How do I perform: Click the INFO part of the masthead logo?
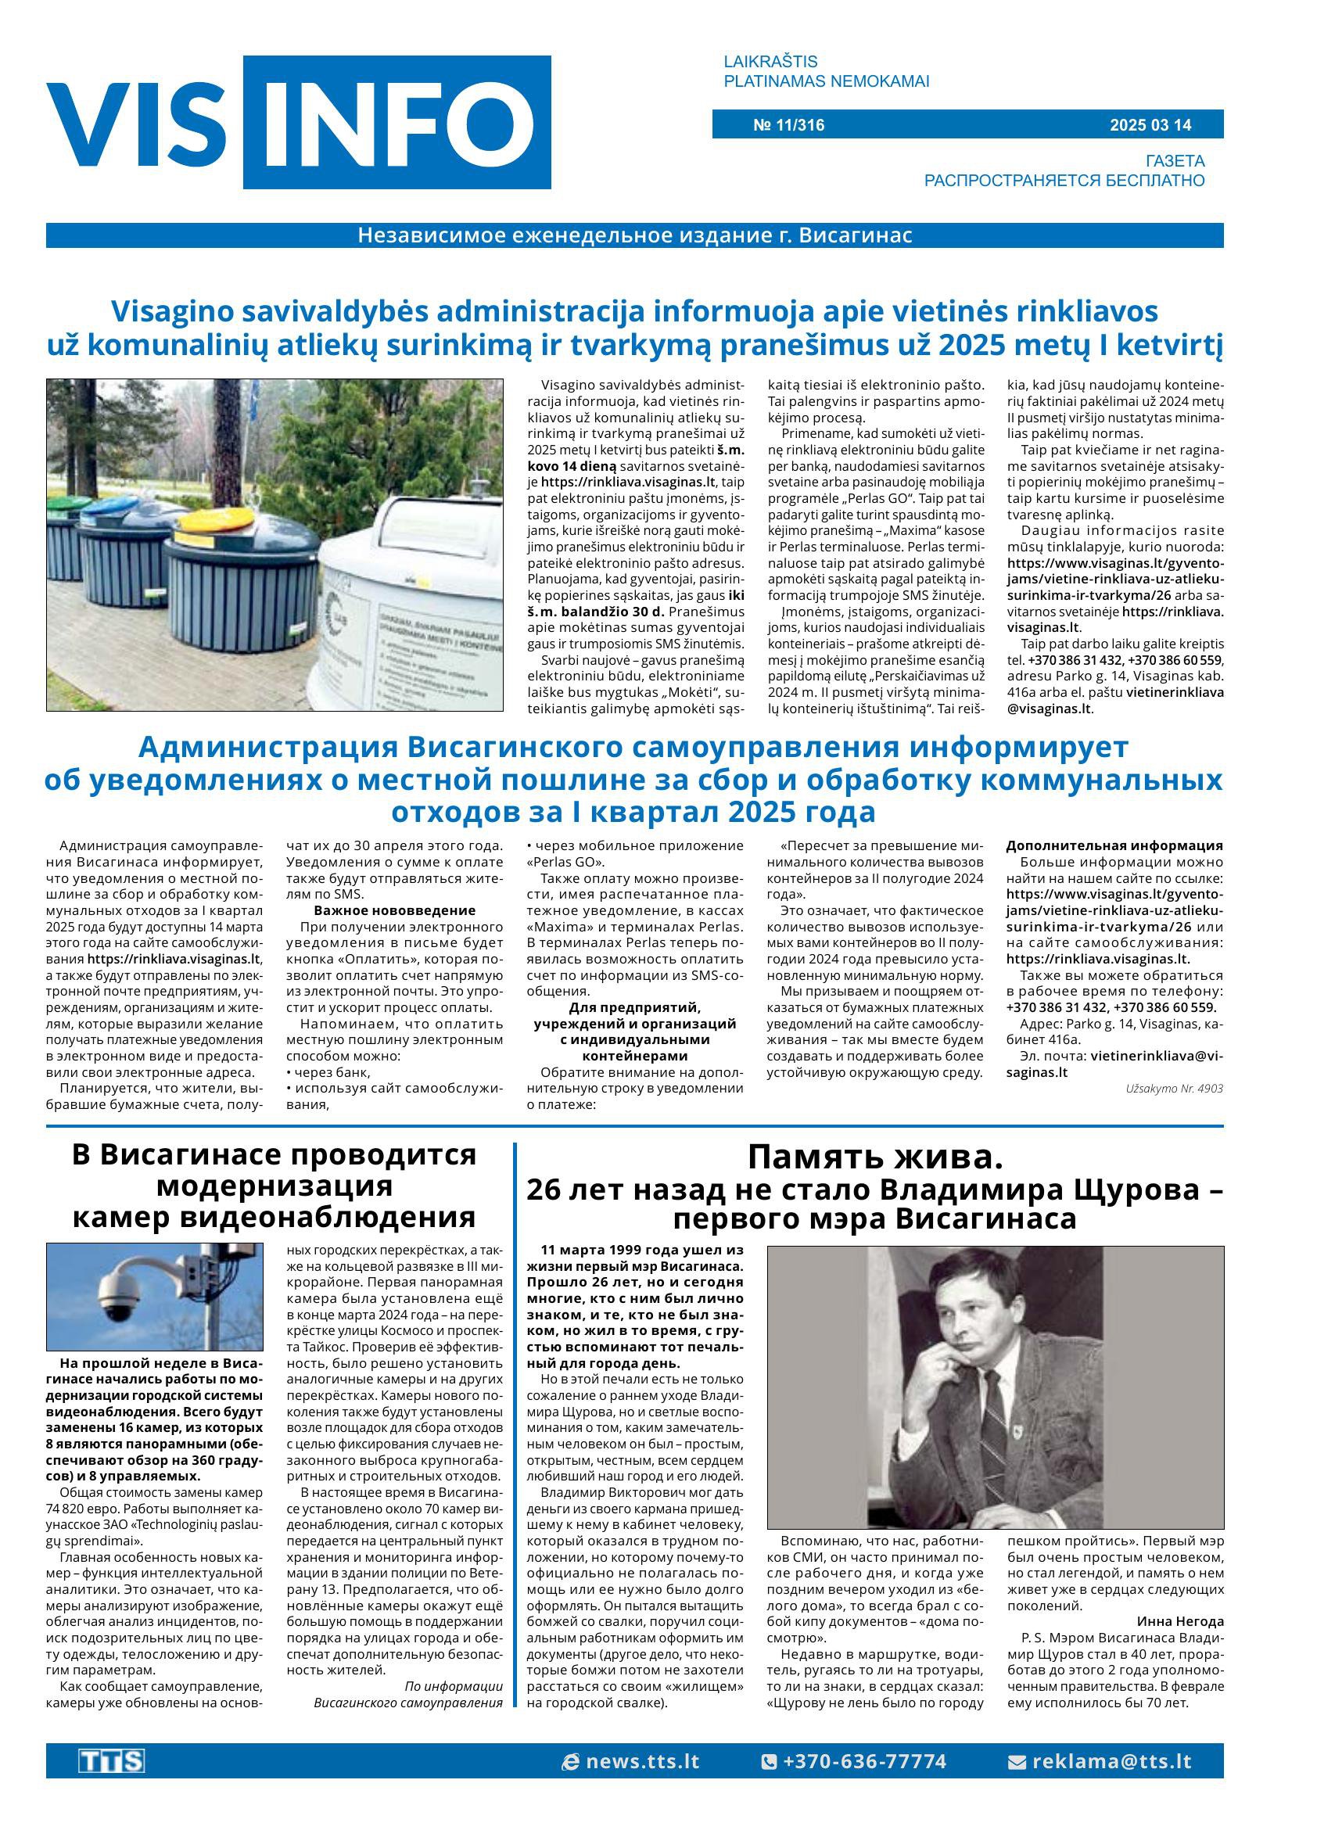(397, 124)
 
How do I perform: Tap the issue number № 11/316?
(788, 125)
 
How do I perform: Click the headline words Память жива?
(874, 1157)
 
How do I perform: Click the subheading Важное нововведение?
(394, 910)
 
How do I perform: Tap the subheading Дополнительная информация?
(1114, 845)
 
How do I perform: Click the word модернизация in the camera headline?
(273, 1186)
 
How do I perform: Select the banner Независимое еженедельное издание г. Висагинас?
(634, 235)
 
